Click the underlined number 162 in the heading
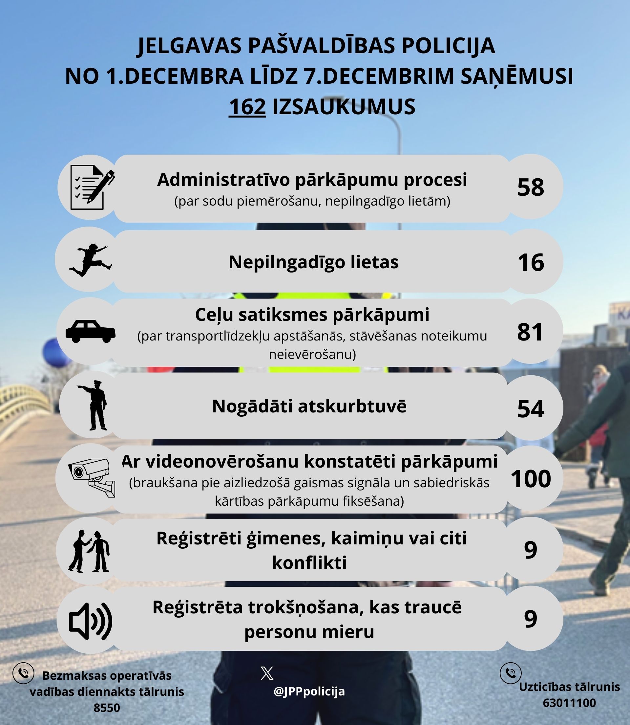click(247, 107)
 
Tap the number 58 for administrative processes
click(531, 187)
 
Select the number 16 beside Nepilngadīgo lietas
click(531, 262)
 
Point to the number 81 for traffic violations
click(530, 332)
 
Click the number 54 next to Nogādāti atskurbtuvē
click(531, 408)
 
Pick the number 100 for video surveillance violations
click(531, 479)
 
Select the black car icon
click(90, 331)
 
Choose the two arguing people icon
click(89, 551)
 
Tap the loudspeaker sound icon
click(90, 621)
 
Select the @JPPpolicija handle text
click(309, 692)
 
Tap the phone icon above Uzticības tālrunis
click(511, 673)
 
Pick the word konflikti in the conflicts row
click(309, 562)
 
